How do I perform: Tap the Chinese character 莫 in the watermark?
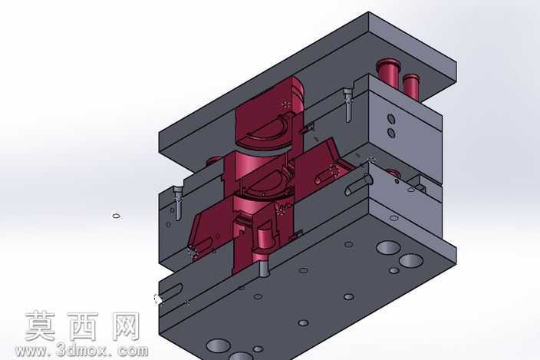click(41, 326)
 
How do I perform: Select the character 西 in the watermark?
click(83, 326)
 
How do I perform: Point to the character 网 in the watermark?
click(125, 326)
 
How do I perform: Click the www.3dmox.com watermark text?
click(82, 351)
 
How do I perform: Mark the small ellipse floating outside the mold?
click(117, 216)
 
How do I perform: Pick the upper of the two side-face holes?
click(391, 119)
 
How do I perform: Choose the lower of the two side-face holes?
click(391, 132)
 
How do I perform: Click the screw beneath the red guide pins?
click(347, 105)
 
